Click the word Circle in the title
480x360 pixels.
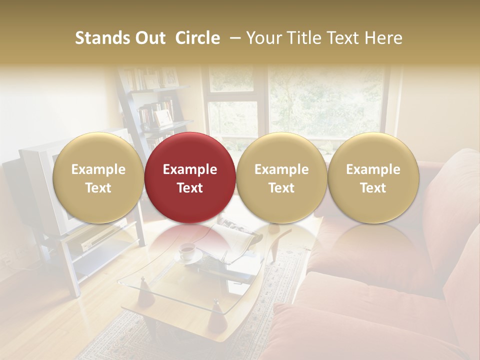(197, 38)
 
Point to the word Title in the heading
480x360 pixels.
(308, 38)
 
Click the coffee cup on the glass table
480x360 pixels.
(187, 251)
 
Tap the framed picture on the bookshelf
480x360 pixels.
(162, 118)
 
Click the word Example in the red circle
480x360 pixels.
(190, 169)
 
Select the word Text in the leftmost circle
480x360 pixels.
(98, 188)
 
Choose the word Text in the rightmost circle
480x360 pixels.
(373, 188)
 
